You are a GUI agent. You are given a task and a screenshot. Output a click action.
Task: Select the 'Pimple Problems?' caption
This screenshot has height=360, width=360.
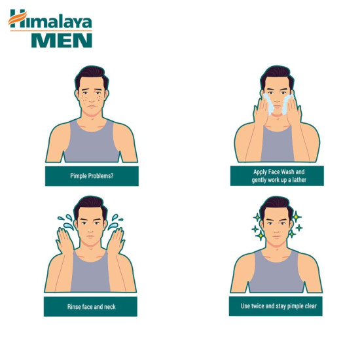(x=92, y=176)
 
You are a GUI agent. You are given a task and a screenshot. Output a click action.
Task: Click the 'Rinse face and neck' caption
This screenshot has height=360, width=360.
(x=91, y=306)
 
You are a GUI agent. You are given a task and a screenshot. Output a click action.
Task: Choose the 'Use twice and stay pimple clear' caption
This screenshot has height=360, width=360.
(x=276, y=306)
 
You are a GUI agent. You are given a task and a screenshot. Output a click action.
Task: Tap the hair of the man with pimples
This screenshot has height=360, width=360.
(x=91, y=75)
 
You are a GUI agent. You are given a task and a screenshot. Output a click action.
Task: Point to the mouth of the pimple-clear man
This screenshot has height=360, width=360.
(x=275, y=240)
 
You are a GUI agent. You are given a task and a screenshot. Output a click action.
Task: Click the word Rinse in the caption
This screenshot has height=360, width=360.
(x=75, y=306)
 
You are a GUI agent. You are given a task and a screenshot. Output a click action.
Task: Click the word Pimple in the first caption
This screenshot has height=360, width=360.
(x=79, y=176)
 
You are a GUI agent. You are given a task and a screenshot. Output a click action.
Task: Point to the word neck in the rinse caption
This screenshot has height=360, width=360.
(x=109, y=306)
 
